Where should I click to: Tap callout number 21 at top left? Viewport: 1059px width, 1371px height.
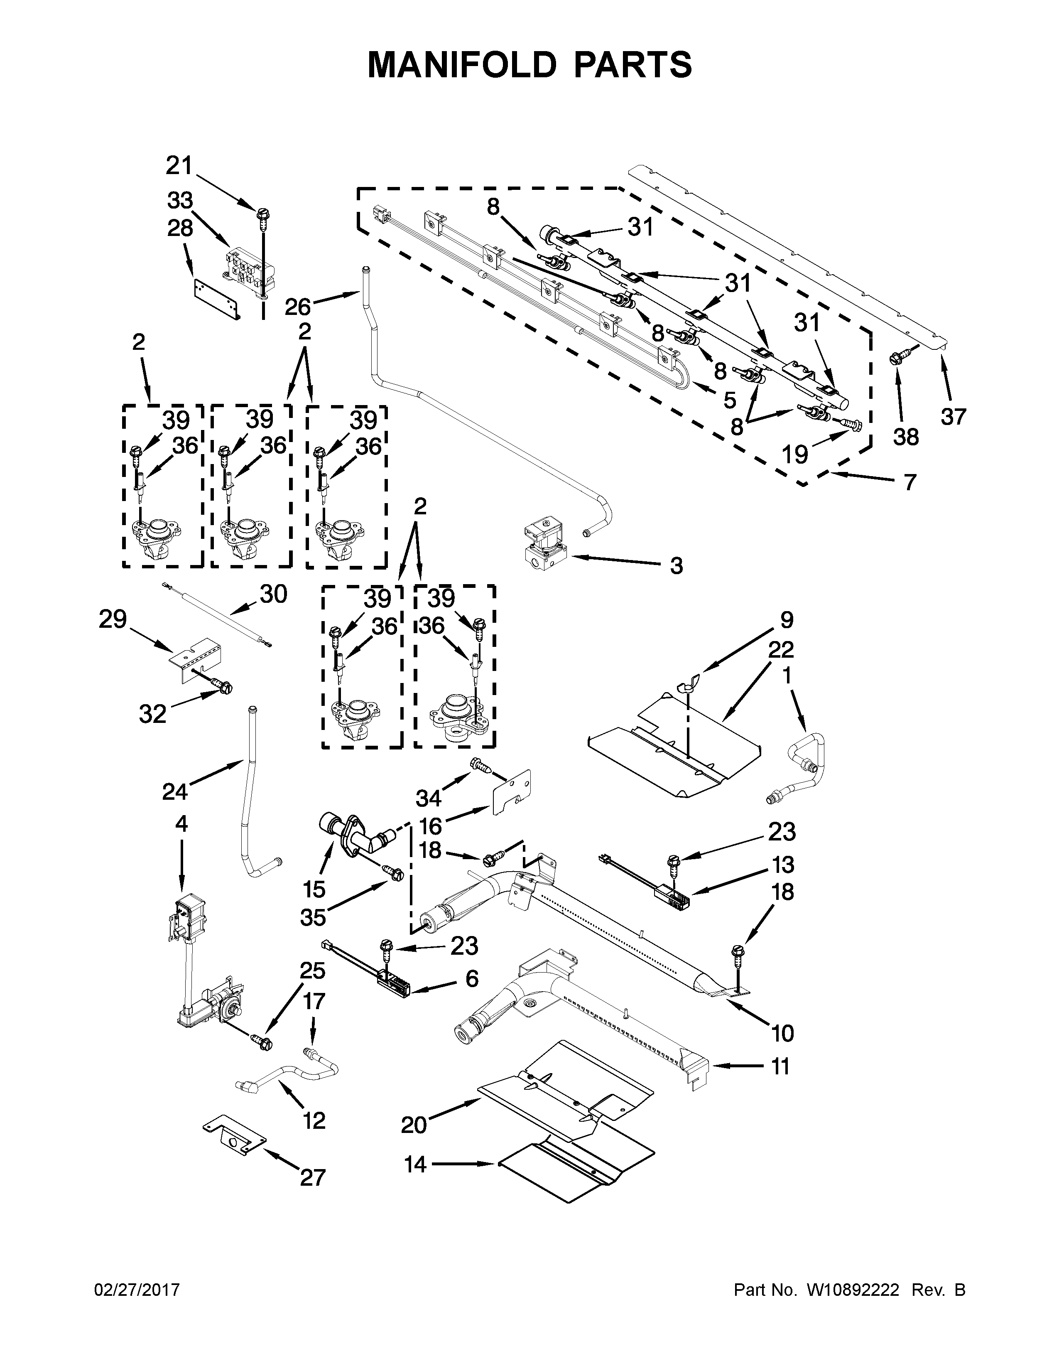pos(179,166)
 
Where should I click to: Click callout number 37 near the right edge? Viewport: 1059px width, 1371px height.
pos(953,416)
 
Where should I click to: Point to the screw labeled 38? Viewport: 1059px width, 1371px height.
pos(895,359)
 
